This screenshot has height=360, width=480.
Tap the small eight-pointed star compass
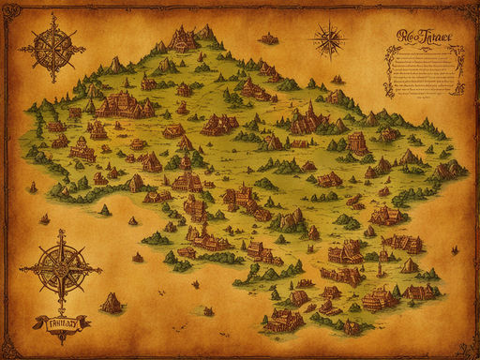(x=329, y=38)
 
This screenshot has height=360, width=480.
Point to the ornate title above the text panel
(x=423, y=37)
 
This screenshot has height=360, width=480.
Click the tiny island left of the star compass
(x=269, y=38)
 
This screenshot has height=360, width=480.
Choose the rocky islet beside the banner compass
(x=112, y=302)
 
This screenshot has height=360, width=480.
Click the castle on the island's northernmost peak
(x=184, y=38)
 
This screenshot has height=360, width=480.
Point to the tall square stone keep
(x=356, y=142)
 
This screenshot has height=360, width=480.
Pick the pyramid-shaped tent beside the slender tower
(x=409, y=265)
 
